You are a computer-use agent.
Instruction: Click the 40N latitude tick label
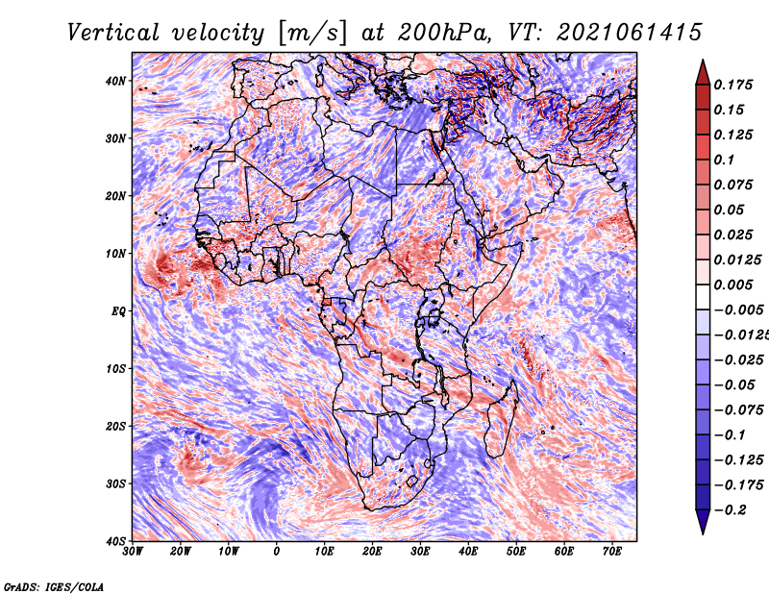(115, 81)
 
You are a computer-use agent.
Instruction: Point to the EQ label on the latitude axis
(118, 311)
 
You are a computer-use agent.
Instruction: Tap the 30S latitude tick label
(115, 483)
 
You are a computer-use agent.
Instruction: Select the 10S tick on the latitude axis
(115, 368)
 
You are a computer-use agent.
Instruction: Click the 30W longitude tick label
(133, 552)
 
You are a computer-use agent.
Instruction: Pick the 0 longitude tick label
(277, 552)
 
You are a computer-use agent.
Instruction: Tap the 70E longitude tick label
(612, 552)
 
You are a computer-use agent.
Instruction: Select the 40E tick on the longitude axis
(468, 552)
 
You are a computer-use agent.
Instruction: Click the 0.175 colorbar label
(733, 86)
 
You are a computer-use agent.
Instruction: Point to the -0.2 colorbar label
(731, 510)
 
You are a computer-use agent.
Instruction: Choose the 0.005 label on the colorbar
(733, 285)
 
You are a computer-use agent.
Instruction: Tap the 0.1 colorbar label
(725, 160)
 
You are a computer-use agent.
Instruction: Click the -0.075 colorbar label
(739, 410)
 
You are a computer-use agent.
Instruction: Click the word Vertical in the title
(113, 33)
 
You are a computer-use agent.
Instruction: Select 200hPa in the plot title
(443, 33)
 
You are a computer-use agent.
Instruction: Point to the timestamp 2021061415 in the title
(630, 33)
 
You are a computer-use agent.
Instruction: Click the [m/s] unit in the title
(313, 33)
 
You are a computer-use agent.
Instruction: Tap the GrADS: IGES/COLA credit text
(54, 586)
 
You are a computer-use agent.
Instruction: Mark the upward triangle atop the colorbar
(703, 72)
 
